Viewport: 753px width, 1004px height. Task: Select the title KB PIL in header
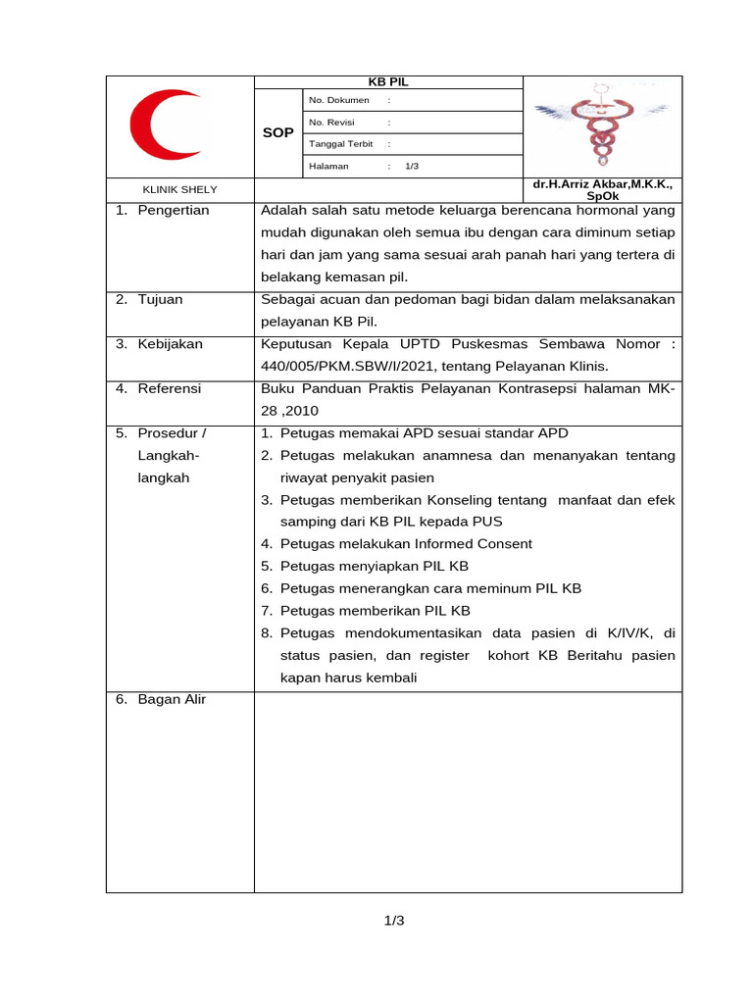(x=389, y=82)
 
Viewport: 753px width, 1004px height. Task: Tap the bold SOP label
(x=278, y=132)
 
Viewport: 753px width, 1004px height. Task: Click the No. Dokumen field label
(x=339, y=100)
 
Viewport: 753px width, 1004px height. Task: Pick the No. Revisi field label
(x=331, y=123)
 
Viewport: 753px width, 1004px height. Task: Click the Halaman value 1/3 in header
(x=412, y=167)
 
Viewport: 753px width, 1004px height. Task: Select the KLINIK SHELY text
(x=180, y=189)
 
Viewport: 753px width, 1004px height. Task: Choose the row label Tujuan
(x=160, y=299)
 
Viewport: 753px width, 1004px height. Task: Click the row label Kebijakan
(x=170, y=344)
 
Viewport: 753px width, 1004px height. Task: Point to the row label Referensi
(x=169, y=388)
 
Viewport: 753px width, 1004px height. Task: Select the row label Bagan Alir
(x=172, y=699)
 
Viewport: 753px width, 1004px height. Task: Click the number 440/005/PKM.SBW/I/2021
(x=346, y=366)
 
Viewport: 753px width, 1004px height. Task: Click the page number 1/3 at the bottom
(x=394, y=921)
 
